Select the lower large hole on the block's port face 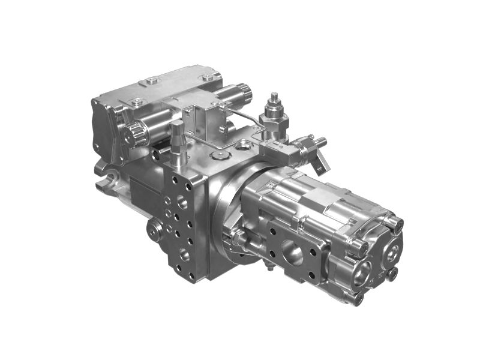[x=184, y=256]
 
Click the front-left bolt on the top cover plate [x=150, y=80]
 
